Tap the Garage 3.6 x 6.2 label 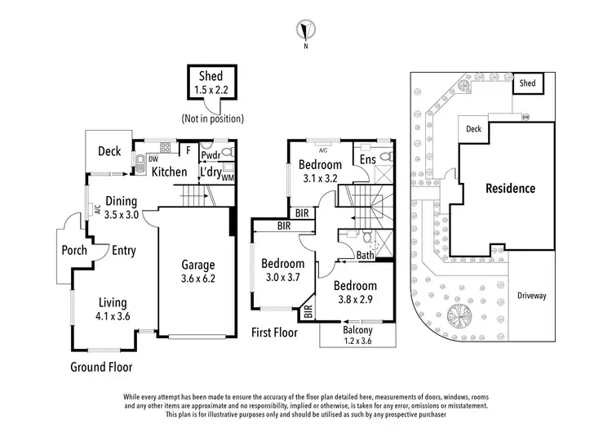tap(197, 271)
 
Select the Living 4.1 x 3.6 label tap(113, 309)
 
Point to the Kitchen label tap(169, 172)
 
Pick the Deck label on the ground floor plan tap(109, 151)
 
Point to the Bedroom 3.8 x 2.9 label tap(355, 292)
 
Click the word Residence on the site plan tap(510, 189)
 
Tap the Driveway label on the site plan tap(532, 296)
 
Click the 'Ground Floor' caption tap(101, 368)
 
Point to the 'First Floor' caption tap(273, 333)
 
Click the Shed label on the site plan tap(528, 83)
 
